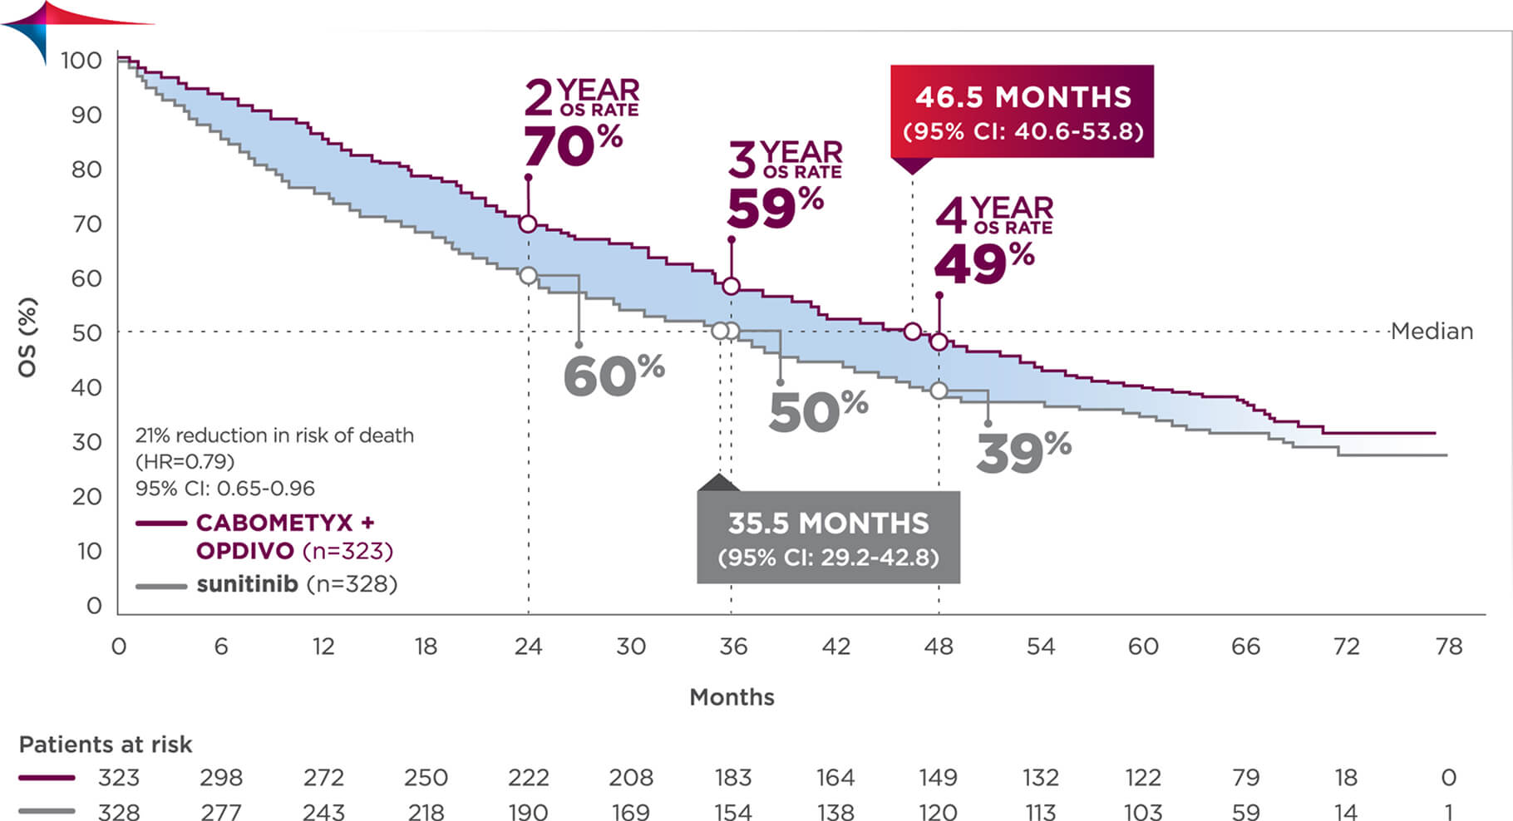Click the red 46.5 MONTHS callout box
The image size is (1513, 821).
click(x=1022, y=111)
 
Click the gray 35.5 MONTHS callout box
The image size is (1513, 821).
click(x=828, y=538)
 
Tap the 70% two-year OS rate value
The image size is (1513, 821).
click(x=573, y=147)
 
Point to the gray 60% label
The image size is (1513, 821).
click(x=614, y=376)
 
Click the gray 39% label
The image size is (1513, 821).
click(x=1023, y=453)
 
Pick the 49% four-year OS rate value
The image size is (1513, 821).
click(x=984, y=263)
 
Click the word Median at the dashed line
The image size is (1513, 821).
click(x=1432, y=332)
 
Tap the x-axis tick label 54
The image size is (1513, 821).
click(x=1041, y=646)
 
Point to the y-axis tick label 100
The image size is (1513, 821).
click(x=81, y=61)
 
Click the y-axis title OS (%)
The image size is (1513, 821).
click(x=27, y=337)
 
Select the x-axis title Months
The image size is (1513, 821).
click(x=732, y=697)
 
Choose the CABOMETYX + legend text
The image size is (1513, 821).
click(x=285, y=523)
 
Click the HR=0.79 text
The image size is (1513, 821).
click(x=185, y=461)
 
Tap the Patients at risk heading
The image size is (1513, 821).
click(x=106, y=745)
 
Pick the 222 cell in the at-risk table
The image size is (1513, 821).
click(x=529, y=778)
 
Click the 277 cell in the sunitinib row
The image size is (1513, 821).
click(x=221, y=811)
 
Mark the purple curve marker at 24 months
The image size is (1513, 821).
click(x=528, y=224)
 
